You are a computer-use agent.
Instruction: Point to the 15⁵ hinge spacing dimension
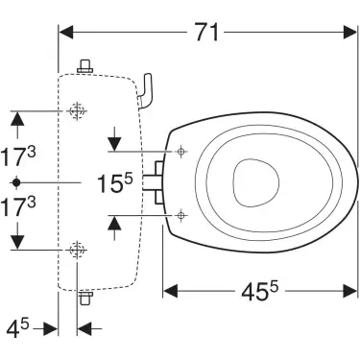coord(113,183)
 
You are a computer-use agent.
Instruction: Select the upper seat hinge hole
coord(180,152)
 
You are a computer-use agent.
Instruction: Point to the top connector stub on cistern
coord(84,66)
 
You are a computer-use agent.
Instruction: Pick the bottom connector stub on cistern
coord(84,297)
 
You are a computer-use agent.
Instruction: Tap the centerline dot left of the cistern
coord(15,181)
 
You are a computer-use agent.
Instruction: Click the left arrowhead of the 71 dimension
coord(65,32)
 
